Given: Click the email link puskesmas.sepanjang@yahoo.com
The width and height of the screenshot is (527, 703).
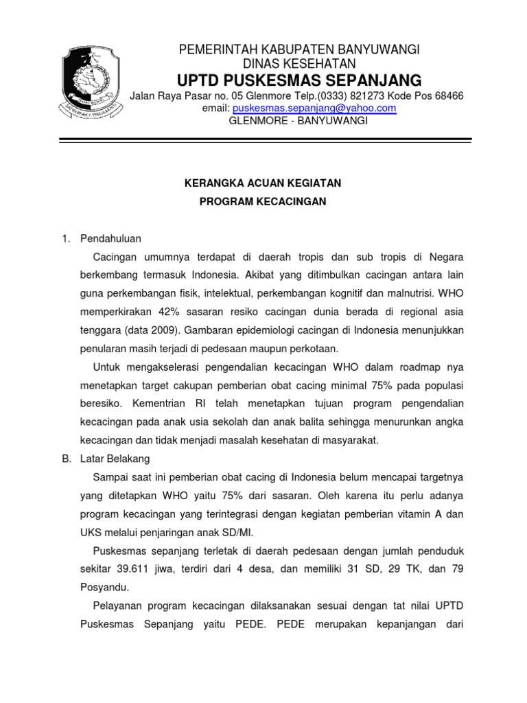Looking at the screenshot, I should coord(314,108).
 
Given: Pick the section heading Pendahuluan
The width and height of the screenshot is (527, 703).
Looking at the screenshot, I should coord(110,238).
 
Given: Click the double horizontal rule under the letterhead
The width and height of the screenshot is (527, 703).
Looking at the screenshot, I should coord(266,141).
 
